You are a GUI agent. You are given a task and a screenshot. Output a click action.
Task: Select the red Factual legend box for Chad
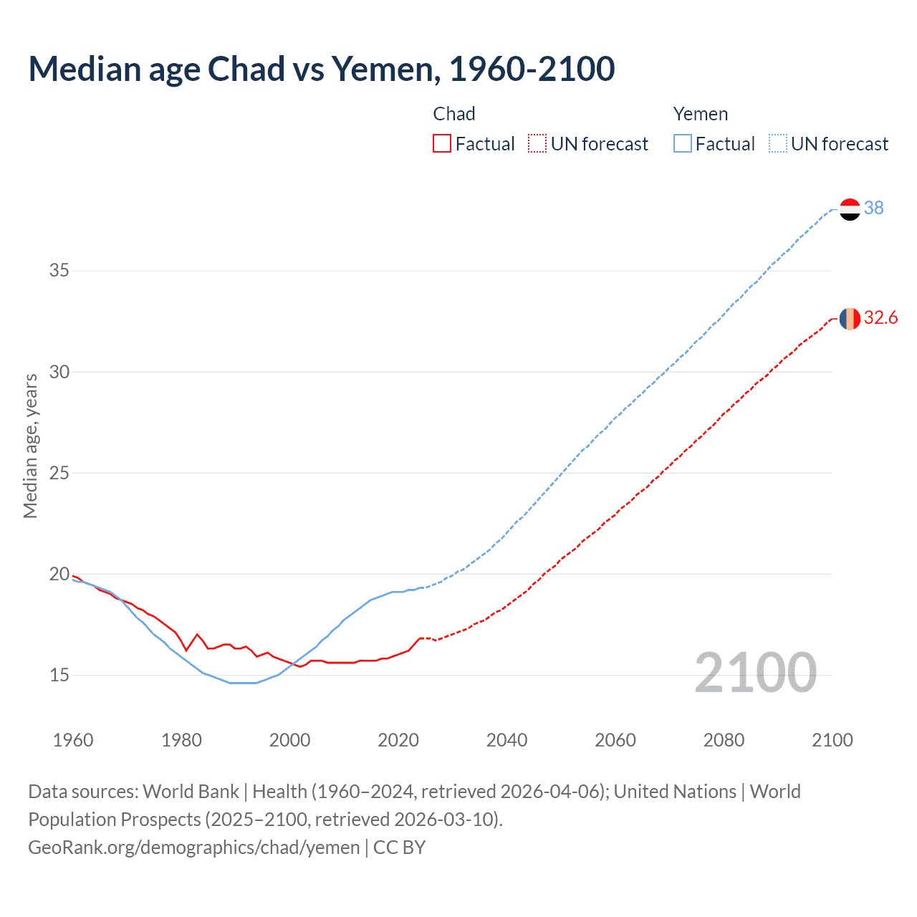(x=442, y=144)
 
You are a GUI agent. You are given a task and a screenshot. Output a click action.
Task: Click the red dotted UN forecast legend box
(x=537, y=144)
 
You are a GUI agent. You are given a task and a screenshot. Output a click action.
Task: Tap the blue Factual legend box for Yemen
(x=683, y=144)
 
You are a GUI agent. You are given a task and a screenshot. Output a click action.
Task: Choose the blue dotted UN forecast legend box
(x=778, y=144)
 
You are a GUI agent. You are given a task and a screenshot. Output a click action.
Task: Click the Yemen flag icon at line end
(x=850, y=209)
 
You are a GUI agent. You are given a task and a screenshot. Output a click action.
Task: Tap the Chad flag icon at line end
(x=850, y=319)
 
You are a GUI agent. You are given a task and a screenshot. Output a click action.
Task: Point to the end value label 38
(x=874, y=208)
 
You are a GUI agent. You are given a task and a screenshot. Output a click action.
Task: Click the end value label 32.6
(x=881, y=318)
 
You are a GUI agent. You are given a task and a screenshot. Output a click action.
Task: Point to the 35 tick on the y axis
(x=59, y=271)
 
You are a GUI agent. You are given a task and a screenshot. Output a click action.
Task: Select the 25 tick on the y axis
(x=59, y=473)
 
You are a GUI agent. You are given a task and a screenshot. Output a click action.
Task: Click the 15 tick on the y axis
(x=59, y=675)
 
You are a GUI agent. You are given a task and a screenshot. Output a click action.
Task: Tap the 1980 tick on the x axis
(x=181, y=740)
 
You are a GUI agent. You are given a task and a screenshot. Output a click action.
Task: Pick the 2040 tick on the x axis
(x=506, y=740)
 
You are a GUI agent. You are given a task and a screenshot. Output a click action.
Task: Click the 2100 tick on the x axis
(x=832, y=740)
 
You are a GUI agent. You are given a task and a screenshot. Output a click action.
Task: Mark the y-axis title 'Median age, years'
(x=30, y=446)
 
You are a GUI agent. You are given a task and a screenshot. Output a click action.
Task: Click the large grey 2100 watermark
(x=755, y=673)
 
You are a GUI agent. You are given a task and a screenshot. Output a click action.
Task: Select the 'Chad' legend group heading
(x=454, y=114)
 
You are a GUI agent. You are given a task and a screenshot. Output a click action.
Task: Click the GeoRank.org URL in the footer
(x=193, y=848)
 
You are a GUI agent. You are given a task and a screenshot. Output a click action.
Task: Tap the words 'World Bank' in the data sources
(x=191, y=792)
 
